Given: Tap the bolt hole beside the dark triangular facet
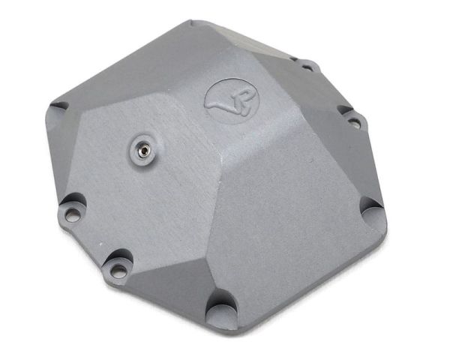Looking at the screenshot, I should click(118, 271).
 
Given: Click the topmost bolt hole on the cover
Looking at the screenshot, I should click(307, 67).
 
